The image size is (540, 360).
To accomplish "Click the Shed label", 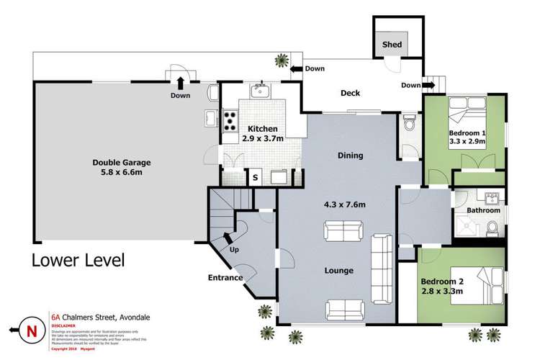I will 392,45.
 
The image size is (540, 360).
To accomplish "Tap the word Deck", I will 350,93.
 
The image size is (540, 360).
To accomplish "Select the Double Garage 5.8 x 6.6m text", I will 120,168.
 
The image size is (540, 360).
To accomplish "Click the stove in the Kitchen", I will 231,120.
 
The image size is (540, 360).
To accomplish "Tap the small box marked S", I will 255,175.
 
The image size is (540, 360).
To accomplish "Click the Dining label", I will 350,156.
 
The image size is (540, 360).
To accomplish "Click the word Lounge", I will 338,271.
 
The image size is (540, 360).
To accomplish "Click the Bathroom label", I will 482,210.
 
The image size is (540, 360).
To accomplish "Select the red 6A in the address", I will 55,315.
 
